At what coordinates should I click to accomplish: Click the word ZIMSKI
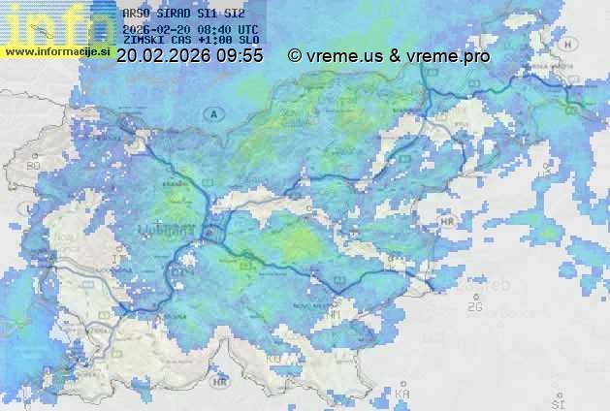click(x=144, y=43)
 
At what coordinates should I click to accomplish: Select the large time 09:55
click(x=239, y=56)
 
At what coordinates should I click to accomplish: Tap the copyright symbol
click(x=295, y=56)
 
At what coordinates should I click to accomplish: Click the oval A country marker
click(x=211, y=113)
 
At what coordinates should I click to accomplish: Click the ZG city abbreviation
click(x=474, y=307)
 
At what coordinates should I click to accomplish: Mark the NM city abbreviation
click(x=335, y=315)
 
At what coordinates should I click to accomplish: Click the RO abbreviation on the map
click(x=34, y=166)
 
